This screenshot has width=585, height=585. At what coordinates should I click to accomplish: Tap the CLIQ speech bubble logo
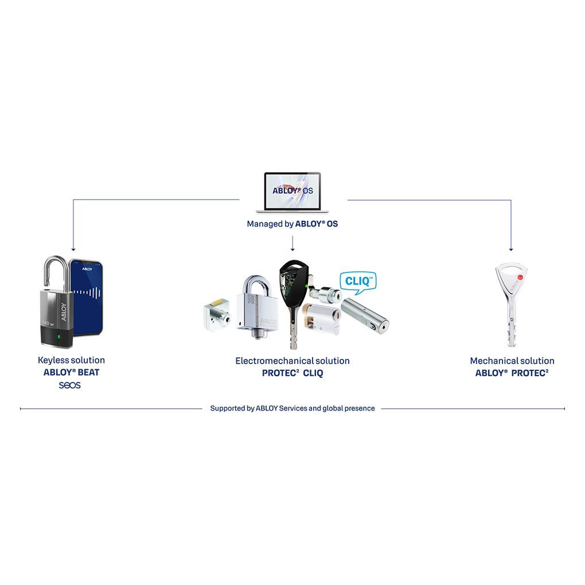pos(357,280)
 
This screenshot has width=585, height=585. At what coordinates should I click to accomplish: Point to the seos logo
pos(70,385)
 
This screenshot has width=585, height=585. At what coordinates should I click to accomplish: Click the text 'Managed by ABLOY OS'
pos(292,224)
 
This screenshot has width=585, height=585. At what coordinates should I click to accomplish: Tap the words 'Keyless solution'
pos(71,360)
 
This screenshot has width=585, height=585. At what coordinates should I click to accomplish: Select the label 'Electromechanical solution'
pos(292,361)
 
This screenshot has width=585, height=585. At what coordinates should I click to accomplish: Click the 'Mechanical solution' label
pos(512,361)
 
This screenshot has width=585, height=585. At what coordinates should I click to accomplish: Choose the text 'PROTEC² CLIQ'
pos(292,373)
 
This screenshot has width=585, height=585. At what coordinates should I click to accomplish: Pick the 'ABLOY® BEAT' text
pos(71,372)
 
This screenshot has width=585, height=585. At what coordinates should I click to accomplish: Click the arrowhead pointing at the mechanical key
pos(510,248)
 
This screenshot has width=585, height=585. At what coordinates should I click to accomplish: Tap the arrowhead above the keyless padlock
pos(73,248)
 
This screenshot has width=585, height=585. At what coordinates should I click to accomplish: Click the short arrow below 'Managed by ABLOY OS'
pos(292,245)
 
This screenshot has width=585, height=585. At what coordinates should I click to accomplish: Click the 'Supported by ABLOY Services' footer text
pos(292,408)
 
